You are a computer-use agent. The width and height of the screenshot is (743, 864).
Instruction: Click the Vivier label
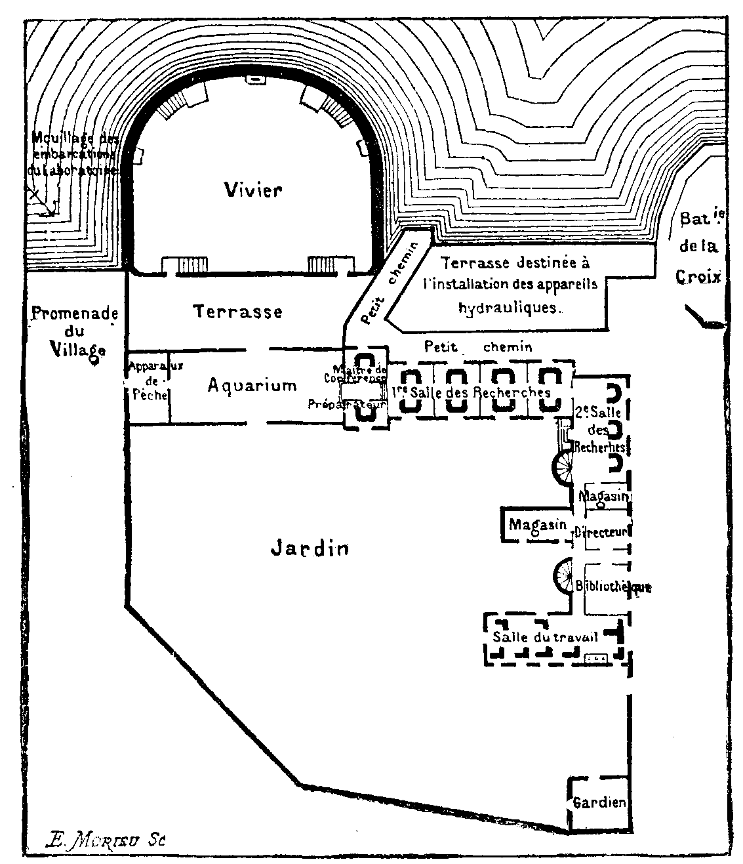tap(252, 190)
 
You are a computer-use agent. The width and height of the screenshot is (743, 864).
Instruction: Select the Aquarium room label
tap(252, 385)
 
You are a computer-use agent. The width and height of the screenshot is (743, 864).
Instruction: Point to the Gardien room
tap(599, 802)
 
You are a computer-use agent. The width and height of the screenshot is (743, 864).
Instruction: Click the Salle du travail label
tap(546, 637)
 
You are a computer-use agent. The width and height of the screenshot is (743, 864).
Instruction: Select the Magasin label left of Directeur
tap(537, 525)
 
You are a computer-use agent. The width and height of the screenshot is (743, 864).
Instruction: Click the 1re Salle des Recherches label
tap(471, 392)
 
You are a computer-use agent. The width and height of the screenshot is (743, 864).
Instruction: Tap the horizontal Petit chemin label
tap(477, 346)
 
